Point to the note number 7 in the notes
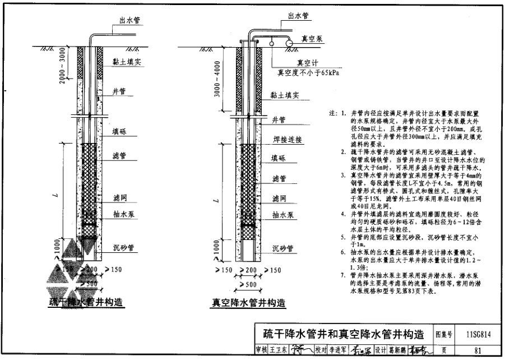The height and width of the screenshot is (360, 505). click(343, 275)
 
